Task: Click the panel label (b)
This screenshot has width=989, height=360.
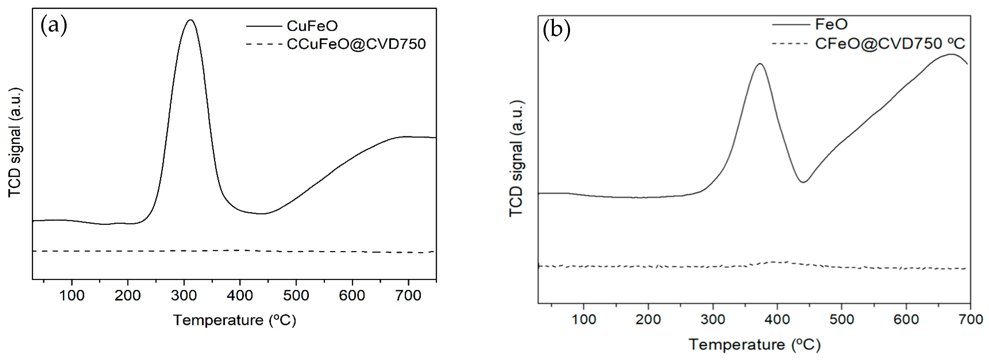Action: [556, 30]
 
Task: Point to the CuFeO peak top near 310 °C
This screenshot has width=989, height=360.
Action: [190, 20]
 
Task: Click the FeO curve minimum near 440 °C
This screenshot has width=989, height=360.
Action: [803, 182]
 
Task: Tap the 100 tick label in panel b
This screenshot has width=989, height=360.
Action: [584, 319]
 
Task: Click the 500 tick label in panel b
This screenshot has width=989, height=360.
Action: [842, 319]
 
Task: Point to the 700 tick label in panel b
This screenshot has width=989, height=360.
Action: [970, 319]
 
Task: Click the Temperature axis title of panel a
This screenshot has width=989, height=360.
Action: [235, 320]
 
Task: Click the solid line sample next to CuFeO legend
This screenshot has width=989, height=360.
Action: [264, 26]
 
